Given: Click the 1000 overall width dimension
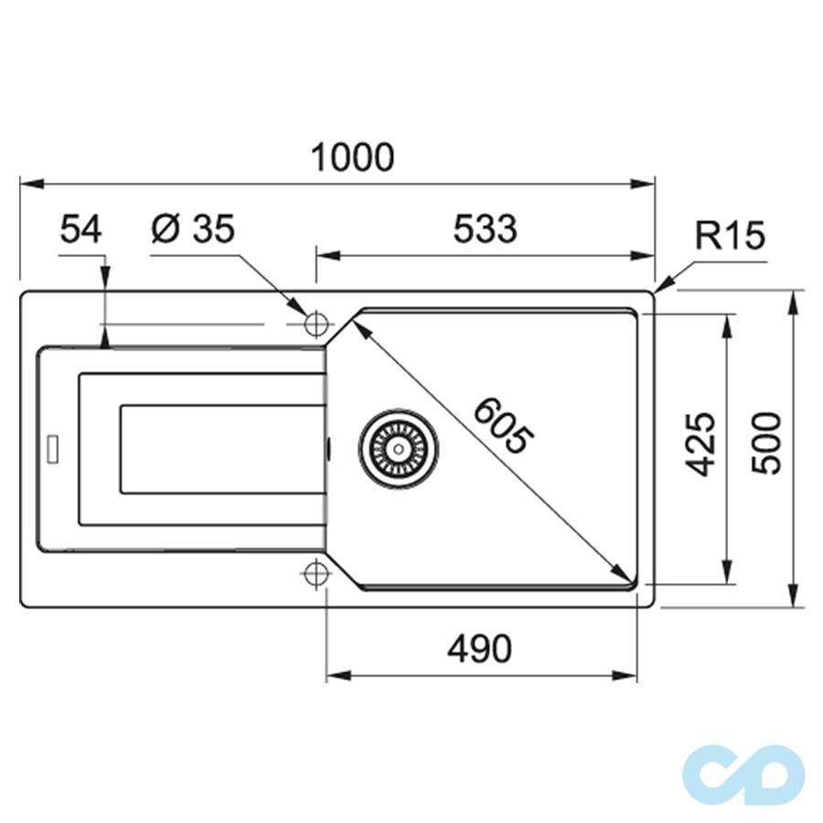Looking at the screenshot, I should [353, 157].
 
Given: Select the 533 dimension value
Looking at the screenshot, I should [485, 230].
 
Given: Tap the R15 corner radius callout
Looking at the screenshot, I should [729, 236].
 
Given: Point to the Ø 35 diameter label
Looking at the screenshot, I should [193, 230].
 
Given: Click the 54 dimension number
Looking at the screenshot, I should [81, 230].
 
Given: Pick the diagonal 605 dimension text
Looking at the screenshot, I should [501, 425].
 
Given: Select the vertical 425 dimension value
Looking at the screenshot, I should [700, 444].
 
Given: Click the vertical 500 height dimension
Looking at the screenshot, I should [766, 443].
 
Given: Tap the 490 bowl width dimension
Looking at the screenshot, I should [479, 649].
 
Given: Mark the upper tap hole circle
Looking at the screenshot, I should [315, 324].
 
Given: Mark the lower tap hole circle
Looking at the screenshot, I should [315, 572].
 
